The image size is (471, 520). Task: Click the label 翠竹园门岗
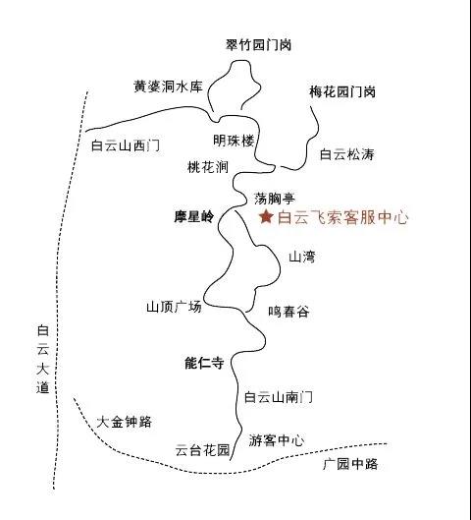258,45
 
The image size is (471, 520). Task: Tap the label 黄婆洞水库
168,87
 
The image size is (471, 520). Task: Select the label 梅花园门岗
342,91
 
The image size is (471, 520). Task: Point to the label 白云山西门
126,145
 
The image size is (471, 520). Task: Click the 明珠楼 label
234,141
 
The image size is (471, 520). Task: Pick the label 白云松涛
347,154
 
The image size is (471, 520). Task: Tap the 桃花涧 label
208,167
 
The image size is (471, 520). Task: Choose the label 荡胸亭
275,199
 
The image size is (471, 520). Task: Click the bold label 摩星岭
194,217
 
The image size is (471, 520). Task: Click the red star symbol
266,217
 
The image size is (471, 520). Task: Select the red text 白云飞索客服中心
342,217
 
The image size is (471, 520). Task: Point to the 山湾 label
302,257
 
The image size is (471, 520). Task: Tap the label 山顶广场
174,307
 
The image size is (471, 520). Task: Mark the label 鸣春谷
288,312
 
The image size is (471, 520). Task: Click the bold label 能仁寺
204,363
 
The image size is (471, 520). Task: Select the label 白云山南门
278,397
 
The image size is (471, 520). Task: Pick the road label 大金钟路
124,422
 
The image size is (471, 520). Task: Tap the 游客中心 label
277,440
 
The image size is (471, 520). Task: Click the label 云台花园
202,450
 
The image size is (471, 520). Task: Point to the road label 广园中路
350,464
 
